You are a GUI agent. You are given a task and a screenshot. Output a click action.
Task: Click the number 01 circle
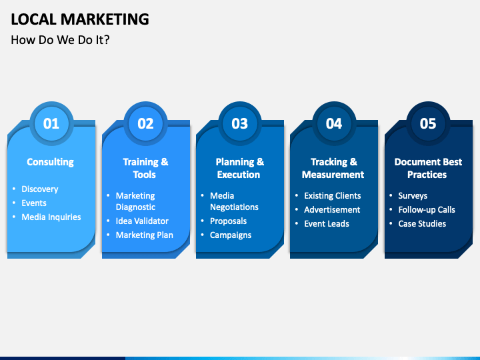point(51,123)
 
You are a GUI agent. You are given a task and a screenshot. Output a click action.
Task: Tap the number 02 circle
point(145,123)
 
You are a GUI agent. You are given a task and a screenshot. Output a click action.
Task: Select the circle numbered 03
point(239,123)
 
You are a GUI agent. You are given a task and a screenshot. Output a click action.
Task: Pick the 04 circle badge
point(333,123)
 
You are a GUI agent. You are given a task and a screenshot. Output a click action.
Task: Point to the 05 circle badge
point(428,123)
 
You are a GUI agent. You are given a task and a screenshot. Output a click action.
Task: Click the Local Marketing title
point(80,19)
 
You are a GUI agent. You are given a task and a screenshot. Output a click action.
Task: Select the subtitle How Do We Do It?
point(60,40)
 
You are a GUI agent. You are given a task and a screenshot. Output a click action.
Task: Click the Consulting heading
point(50,162)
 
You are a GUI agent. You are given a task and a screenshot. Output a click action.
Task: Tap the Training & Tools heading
point(145,168)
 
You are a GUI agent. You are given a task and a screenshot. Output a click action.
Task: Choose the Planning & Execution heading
point(239,168)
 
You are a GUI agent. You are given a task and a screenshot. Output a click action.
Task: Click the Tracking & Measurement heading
point(333,168)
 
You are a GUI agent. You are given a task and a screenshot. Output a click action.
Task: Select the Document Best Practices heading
point(428,168)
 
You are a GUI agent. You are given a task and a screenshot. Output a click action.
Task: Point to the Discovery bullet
point(40,189)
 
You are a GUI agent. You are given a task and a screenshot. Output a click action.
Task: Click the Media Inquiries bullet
point(51,217)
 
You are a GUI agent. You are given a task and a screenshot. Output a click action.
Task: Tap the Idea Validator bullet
point(142,221)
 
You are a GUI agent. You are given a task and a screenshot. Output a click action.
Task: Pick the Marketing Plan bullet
point(144,235)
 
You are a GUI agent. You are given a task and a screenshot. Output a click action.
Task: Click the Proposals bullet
point(228,221)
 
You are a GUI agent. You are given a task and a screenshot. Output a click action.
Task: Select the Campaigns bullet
point(231,235)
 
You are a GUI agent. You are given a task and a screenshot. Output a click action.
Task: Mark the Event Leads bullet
point(327,223)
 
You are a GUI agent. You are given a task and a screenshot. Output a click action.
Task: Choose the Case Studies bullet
point(422,223)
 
